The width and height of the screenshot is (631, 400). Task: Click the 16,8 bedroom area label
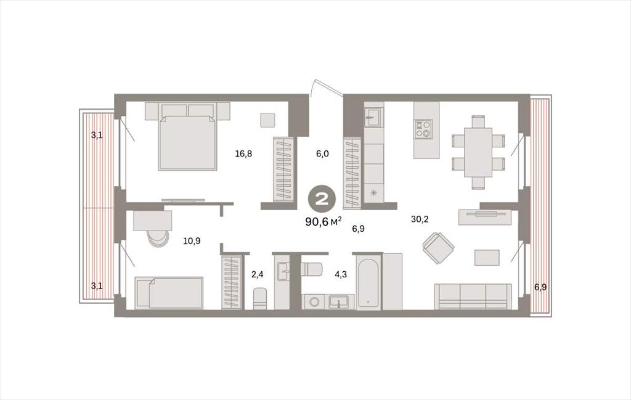[x=243, y=153]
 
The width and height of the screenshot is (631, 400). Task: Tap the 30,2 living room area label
[x=420, y=219]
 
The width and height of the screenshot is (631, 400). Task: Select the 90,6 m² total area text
[x=324, y=221]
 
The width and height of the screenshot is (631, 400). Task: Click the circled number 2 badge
[x=322, y=199]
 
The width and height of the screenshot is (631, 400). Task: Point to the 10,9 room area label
[x=192, y=241]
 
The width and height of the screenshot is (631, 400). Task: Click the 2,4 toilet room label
[x=257, y=275]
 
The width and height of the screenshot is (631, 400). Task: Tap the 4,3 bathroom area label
[x=340, y=275]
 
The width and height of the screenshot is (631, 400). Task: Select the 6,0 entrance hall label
[x=322, y=153]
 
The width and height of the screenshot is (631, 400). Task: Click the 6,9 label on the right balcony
[x=540, y=287]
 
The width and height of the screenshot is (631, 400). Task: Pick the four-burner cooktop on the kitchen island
[x=423, y=129]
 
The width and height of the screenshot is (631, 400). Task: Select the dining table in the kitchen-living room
[x=478, y=152]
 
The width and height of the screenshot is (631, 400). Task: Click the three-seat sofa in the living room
[x=473, y=296]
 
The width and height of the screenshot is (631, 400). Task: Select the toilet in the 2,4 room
[x=260, y=298]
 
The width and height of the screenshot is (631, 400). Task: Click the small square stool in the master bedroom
[x=267, y=120]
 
